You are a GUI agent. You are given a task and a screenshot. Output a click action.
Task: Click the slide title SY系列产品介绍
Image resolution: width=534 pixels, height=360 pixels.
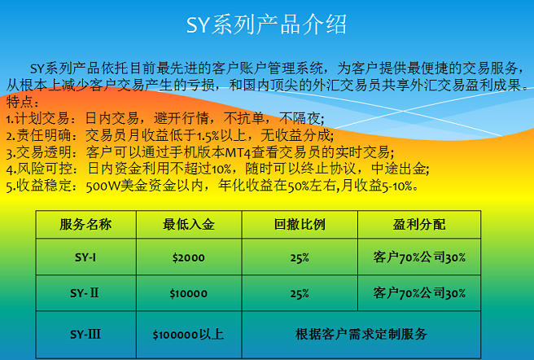266,24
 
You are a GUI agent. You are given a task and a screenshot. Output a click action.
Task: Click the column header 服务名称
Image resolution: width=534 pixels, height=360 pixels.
85,224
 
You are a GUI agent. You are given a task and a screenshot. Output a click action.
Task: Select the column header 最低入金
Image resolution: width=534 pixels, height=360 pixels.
189,224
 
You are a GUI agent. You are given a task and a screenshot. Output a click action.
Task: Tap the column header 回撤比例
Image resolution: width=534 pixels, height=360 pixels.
300,224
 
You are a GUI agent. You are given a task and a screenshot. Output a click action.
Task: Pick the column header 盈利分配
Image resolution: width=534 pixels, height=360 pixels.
419,224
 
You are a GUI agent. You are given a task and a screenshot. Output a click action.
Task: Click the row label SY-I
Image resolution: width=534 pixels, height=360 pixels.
85,257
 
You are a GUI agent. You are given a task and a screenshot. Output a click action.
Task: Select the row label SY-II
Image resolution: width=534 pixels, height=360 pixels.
85,293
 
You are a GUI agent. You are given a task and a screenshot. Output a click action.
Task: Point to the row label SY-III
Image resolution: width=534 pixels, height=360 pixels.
85,334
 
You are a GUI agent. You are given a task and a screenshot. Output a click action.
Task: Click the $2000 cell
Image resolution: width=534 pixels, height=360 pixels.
189,257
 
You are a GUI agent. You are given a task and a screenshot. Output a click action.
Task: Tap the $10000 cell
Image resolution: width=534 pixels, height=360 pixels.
189,293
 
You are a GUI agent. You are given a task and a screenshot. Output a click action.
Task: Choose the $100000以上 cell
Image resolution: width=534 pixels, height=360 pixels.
188,335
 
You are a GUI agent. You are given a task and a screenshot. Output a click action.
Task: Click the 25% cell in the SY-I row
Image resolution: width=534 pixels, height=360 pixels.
300,257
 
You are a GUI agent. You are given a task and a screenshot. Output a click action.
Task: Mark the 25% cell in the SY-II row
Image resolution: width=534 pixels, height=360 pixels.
300,293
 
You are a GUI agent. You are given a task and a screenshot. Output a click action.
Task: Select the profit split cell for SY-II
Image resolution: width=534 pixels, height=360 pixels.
419,293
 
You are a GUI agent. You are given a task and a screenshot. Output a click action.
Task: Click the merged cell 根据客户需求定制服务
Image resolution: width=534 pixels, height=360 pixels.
361,334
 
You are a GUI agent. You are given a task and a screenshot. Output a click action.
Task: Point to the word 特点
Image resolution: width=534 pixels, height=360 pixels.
20,102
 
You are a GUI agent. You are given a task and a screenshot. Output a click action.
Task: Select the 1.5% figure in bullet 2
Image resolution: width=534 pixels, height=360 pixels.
208,136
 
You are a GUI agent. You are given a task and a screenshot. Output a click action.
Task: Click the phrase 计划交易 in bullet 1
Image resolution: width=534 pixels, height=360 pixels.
42,119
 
